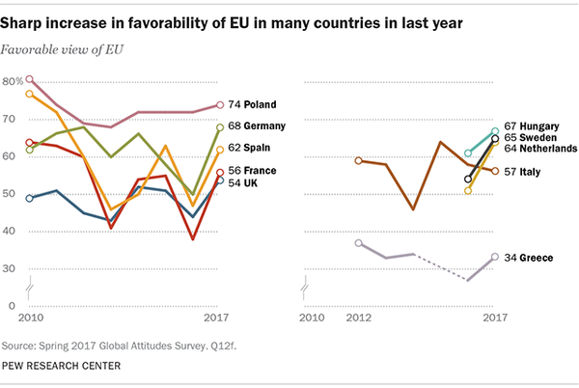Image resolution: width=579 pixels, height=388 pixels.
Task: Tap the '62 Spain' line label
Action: pyautogui.click(x=253, y=149)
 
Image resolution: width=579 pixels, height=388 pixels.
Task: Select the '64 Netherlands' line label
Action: pyautogui.click(x=547, y=149)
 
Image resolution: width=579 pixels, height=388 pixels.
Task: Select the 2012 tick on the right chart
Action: pyautogui.click(x=359, y=317)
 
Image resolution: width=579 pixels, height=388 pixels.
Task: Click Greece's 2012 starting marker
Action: pyautogui.click(x=359, y=243)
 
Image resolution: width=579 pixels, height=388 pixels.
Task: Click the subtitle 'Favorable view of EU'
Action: pyautogui.click(x=67, y=47)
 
